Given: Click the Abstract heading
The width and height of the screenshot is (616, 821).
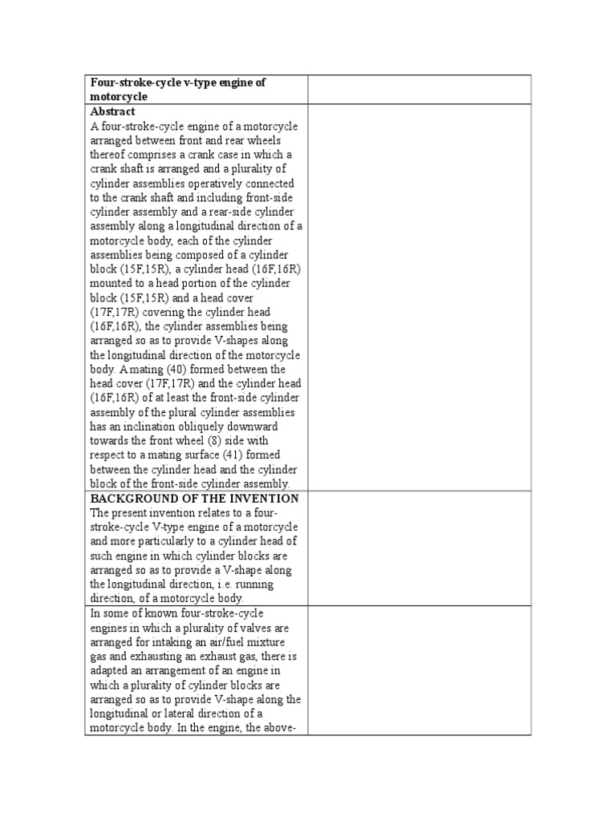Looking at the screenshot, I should click(x=112, y=111).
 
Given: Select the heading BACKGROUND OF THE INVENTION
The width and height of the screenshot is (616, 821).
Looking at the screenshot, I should click(x=194, y=498).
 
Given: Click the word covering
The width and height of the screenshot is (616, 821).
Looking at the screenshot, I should click(x=168, y=313).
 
